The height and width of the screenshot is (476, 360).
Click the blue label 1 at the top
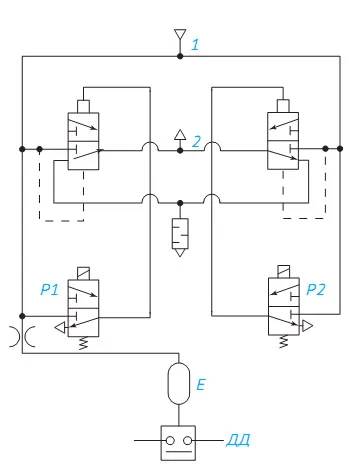coord(195,45)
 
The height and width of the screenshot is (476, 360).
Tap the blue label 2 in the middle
coord(197,142)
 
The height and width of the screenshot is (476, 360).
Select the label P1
coord(49,289)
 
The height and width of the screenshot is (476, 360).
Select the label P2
coord(315,289)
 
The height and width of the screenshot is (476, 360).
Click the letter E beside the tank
coord(201,385)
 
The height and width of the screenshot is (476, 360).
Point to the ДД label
coord(238,440)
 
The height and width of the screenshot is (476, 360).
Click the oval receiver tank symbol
coord(179,383)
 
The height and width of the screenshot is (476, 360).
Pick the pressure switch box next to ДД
coord(178,443)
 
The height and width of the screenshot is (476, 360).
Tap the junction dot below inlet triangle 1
coord(180,56)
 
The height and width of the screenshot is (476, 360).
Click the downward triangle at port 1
coord(180,33)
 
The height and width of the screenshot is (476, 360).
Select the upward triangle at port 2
coord(180,135)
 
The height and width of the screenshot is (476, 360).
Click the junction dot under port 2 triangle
coord(180,151)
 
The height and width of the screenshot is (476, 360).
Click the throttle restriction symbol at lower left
coord(22,337)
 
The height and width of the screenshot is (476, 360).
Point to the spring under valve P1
coord(83,343)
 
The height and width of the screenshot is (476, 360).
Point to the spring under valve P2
coord(283,341)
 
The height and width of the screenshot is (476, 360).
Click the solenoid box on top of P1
coord(83,273)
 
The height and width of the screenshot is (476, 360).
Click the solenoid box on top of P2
coord(283,272)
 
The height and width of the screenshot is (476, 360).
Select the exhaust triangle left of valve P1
coord(61,328)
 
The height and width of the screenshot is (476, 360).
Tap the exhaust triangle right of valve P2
coord(307,326)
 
